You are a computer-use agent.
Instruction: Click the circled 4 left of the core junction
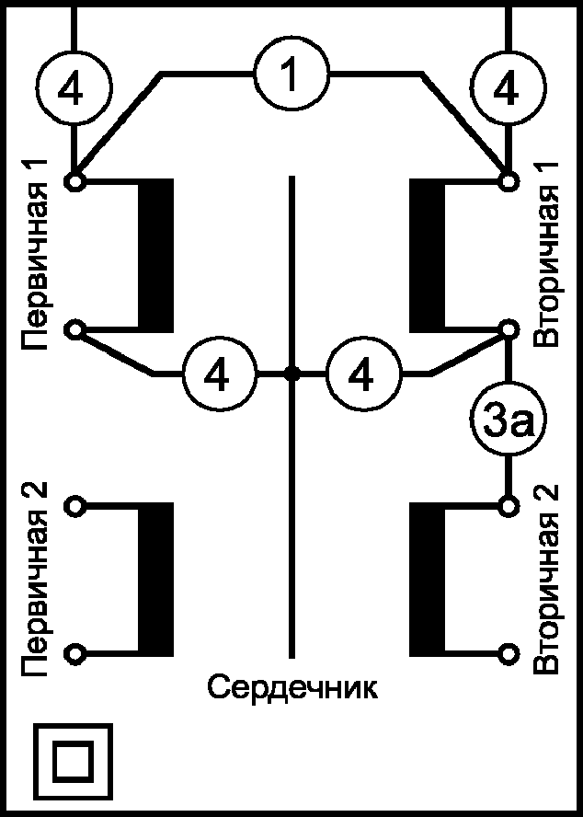point(216,374)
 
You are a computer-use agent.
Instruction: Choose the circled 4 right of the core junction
point(364,374)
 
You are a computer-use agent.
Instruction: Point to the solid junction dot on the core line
point(291,374)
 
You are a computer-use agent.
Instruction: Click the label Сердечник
point(291,686)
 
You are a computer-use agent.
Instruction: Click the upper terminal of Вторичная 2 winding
point(507,505)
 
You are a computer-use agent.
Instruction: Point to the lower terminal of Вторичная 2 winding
point(507,653)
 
